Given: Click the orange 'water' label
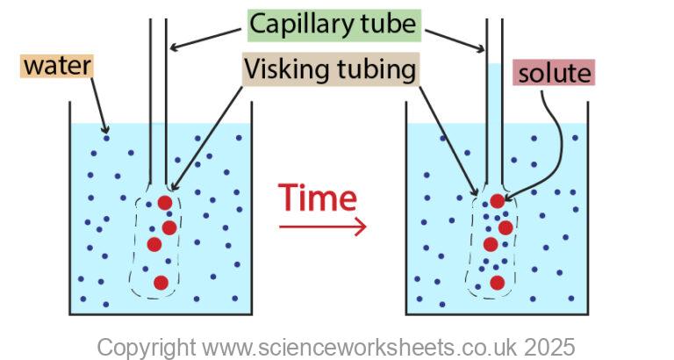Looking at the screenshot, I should (57, 65).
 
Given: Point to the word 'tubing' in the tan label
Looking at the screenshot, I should (376, 68).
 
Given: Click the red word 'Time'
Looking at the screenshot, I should (318, 198).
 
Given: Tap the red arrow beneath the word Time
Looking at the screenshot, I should (322, 227).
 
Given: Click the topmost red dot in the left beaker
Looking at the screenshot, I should (165, 204).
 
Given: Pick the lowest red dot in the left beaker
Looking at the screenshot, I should (161, 282).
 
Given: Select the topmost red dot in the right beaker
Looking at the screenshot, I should (498, 201).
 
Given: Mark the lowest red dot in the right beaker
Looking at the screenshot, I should (497, 282).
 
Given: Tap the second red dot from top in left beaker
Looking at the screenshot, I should (169, 227).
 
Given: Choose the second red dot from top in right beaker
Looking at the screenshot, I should (505, 227).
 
